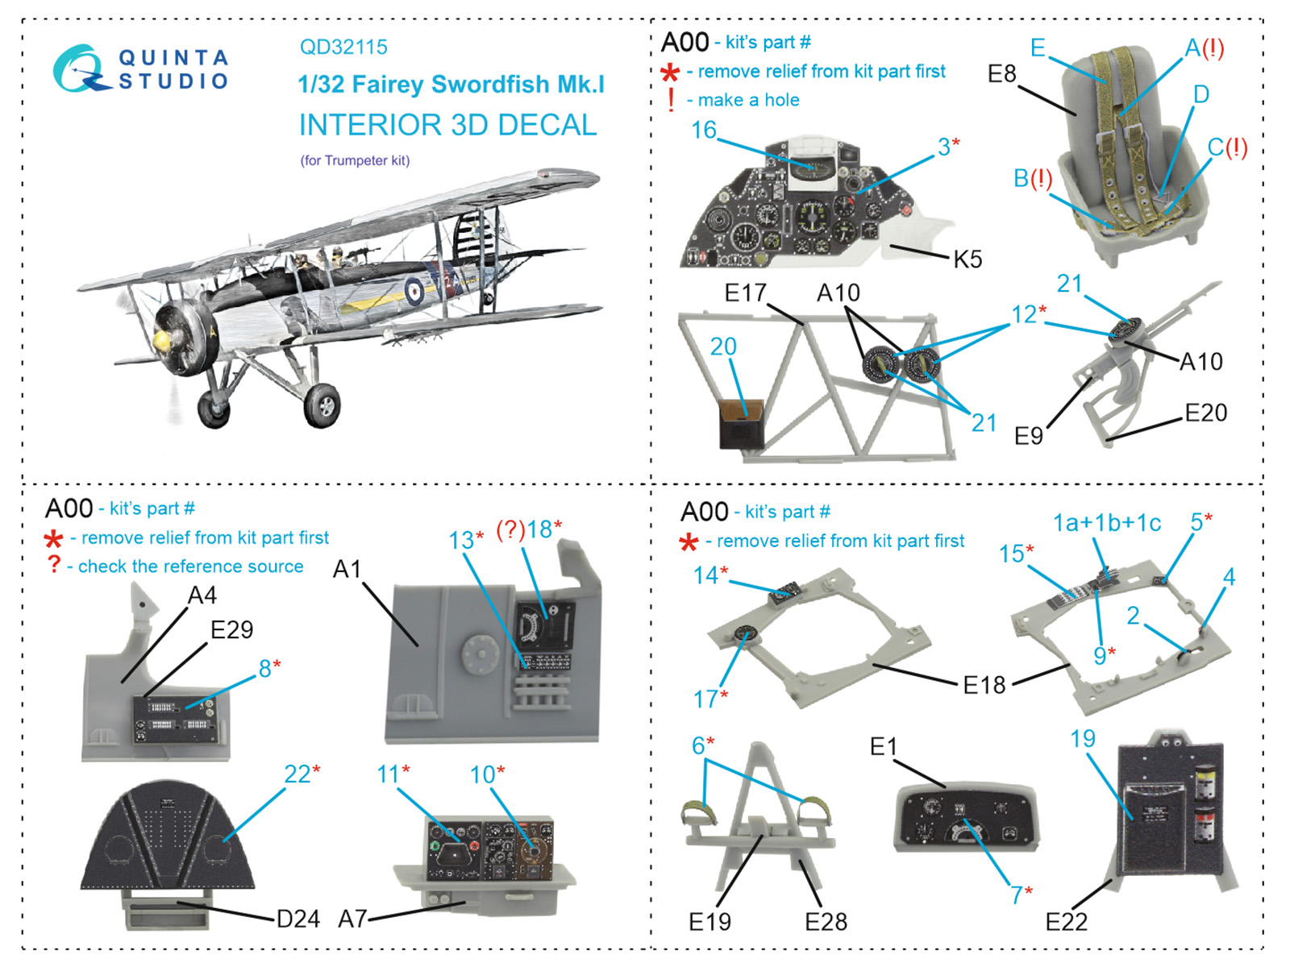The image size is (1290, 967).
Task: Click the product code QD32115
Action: pos(343,47)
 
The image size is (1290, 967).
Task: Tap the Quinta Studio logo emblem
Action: pos(79,68)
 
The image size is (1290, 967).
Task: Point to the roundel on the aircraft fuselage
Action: pos(414,291)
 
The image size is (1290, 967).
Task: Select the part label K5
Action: pos(967,259)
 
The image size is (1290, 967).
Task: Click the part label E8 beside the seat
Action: pos(1001,74)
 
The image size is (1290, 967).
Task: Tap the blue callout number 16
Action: pos(703,130)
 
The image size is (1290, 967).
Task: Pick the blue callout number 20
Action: pos(723,347)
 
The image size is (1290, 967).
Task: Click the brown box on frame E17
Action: pos(741,423)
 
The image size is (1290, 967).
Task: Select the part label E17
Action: pos(745,293)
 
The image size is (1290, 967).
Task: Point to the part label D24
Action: pos(298,919)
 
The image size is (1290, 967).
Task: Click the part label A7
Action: pos(352,919)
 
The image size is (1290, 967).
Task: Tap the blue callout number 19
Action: pos(1083,739)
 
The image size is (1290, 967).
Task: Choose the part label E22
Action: pos(1066,921)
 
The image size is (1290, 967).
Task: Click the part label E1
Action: pos(883,747)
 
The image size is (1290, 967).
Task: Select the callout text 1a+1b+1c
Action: pos(1106,523)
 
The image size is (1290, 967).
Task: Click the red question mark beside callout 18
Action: pos(510,529)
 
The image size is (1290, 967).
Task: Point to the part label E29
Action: pos(231,629)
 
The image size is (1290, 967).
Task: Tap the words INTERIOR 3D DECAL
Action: pos(447,125)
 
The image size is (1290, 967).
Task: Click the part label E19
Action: pos(709,921)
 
